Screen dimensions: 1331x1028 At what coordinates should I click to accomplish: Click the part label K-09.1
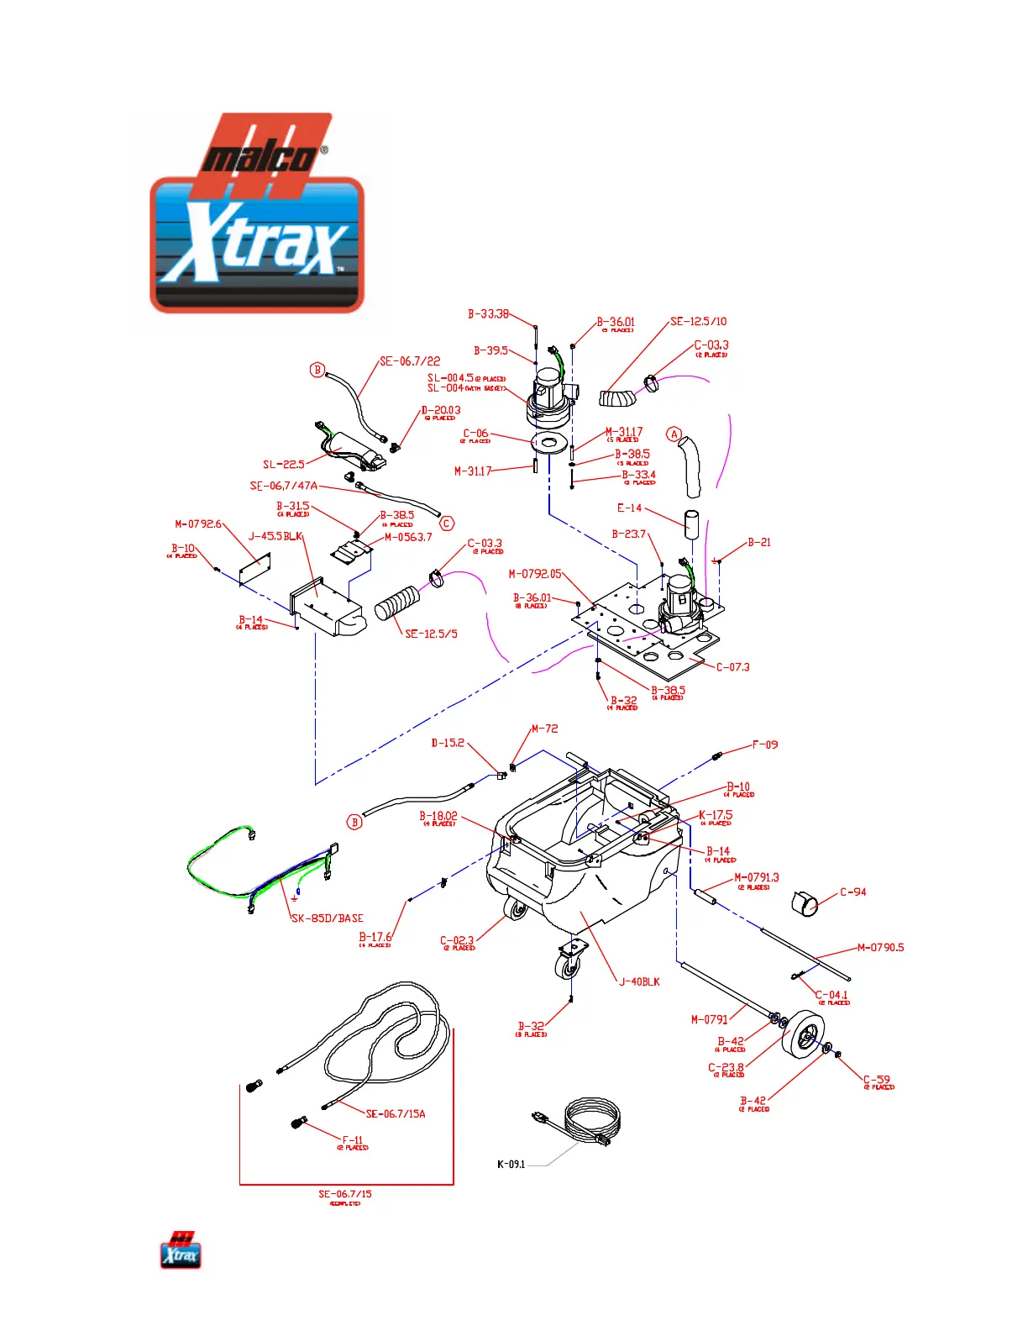[x=511, y=1164]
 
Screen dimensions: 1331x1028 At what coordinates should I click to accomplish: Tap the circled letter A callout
[x=674, y=434]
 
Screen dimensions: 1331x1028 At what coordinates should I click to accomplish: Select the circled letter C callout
[x=447, y=523]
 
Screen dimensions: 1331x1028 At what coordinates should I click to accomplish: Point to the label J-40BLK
[x=639, y=981]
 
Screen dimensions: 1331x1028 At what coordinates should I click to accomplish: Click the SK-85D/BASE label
[x=327, y=918]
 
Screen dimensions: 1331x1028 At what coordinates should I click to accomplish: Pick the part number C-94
[x=852, y=892]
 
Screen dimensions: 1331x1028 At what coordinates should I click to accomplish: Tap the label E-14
[x=629, y=508]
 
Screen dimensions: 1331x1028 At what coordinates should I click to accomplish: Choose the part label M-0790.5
[x=880, y=947]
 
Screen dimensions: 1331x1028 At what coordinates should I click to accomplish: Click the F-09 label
[x=764, y=744]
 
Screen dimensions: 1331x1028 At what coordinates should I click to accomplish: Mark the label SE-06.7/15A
[x=396, y=1113]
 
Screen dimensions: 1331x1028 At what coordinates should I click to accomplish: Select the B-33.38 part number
[x=488, y=313]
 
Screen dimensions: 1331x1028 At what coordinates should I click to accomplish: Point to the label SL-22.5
[x=283, y=464]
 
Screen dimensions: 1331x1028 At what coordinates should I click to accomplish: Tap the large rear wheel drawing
[x=803, y=1036]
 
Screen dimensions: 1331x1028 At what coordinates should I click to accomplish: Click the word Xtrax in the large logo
[x=256, y=244]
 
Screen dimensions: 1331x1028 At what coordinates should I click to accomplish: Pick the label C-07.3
[x=732, y=666]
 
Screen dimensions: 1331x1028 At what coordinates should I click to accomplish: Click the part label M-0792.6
[x=197, y=523]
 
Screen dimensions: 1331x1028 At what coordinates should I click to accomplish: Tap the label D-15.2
[x=447, y=742]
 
